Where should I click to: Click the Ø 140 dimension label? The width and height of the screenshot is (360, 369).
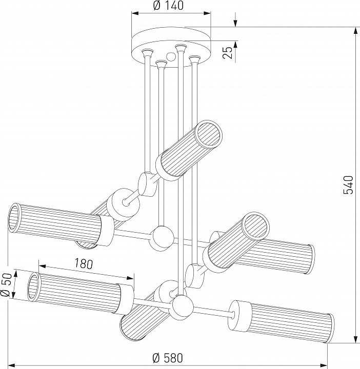coord(169,7)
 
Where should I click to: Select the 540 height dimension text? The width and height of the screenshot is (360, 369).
coord(348,185)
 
